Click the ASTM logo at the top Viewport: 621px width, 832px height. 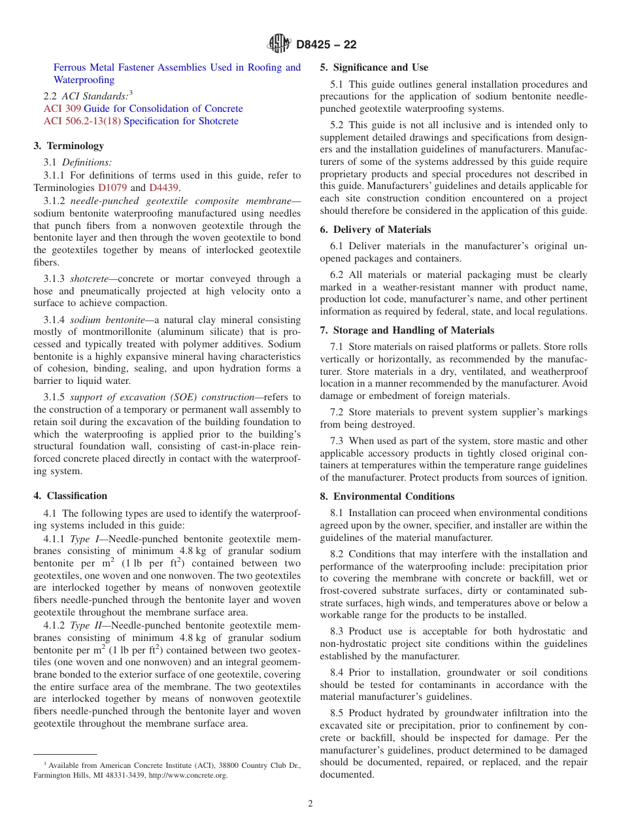(279, 44)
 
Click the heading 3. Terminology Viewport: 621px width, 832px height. (69, 146)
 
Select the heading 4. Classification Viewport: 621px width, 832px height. (70, 496)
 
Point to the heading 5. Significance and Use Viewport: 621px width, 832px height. (374, 67)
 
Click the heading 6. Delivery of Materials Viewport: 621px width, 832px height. (375, 230)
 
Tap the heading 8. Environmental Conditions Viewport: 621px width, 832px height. (387, 496)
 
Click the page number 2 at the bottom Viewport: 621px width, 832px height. (310, 804)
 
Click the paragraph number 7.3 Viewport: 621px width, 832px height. (337, 442)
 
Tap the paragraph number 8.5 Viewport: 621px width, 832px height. (337, 714)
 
